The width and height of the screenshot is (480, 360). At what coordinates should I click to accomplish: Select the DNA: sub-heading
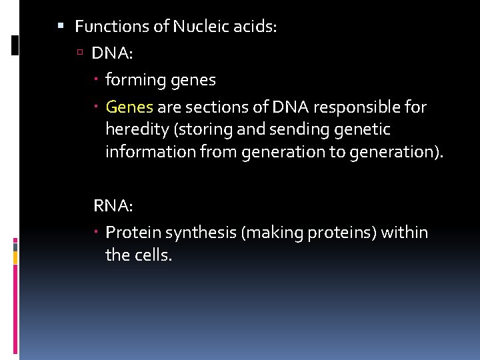pos(109,53)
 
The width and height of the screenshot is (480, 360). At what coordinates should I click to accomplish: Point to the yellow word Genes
pos(129,107)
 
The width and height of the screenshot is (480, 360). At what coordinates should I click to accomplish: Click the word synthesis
pos(201,233)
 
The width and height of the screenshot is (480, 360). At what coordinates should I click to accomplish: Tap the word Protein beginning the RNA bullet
pos(133,233)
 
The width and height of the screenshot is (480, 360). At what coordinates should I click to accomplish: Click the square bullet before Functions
pos(61,27)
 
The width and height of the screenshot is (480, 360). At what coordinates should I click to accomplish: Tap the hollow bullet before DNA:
pos(80,53)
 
